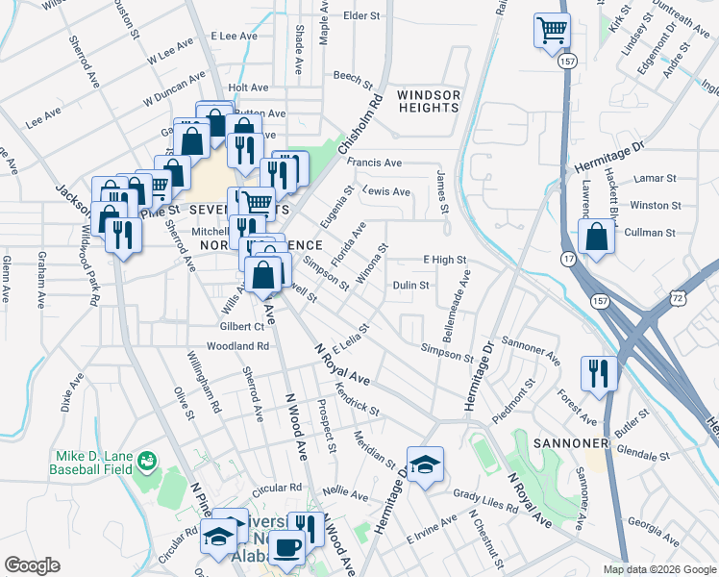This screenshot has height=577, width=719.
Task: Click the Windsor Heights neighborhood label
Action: point(428,101)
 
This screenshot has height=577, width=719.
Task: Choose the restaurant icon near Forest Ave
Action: point(599,372)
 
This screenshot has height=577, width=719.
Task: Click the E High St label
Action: point(444,260)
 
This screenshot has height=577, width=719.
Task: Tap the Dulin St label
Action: point(410,285)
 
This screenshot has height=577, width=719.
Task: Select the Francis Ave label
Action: point(375,163)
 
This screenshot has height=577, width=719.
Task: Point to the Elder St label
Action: point(361,16)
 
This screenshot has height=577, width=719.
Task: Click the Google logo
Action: point(32,564)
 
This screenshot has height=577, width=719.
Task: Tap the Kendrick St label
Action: point(358,399)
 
